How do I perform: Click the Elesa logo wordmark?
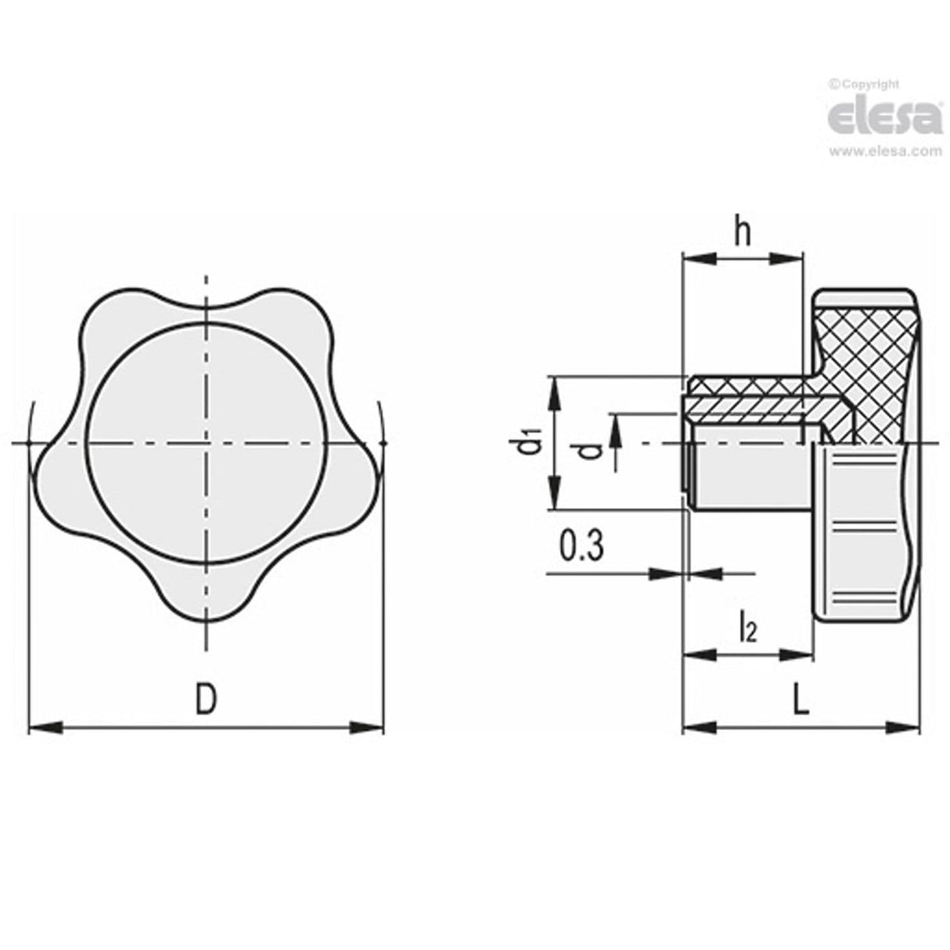tap(884, 117)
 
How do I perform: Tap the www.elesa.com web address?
tap(884, 152)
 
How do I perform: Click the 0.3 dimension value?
tap(581, 546)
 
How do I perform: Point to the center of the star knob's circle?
tap(206, 443)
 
